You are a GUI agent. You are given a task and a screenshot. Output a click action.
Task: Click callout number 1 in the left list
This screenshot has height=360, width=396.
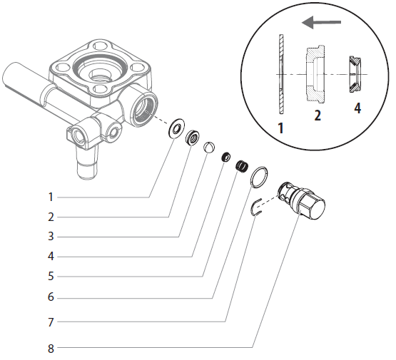pos(51,196)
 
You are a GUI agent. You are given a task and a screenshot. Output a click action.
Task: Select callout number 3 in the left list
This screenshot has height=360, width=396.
pos(51,236)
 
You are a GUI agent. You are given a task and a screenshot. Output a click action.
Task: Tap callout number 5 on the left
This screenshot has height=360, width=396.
pos(51,276)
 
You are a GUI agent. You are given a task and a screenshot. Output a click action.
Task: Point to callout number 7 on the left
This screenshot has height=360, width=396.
pos(51,322)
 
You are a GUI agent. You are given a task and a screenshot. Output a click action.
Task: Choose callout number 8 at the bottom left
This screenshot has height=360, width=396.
pos(51,349)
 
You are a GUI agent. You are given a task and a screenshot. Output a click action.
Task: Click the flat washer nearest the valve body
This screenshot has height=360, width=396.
pos(174,130)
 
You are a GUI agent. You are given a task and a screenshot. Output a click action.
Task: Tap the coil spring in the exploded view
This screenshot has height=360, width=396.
pos(242,167)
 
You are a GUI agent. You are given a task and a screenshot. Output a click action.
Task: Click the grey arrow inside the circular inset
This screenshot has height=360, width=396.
pos(321,23)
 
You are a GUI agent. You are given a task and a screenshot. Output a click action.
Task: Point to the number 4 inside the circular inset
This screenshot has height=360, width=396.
pos(357,109)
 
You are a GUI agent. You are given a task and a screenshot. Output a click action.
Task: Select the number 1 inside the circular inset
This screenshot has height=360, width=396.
pos(280,129)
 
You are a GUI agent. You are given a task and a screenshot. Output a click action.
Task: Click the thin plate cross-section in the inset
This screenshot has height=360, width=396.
pos(281,74)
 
